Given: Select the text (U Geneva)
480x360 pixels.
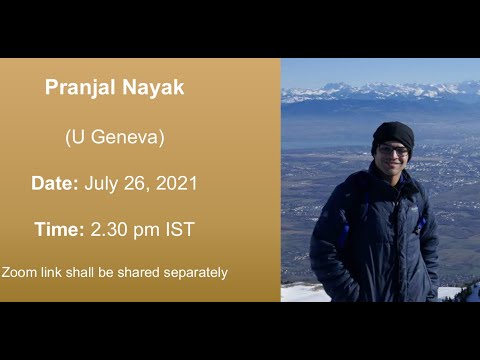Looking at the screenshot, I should pos(114,137).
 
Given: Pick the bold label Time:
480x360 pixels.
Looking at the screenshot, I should pos(59,229).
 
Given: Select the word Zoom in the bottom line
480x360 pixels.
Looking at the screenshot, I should pos(18,272).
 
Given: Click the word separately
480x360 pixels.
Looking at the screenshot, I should pos(195,272).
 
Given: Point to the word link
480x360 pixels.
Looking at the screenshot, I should pos(51,272).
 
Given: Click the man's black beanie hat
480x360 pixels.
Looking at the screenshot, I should pos(393,134).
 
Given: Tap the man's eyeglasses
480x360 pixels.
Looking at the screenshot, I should pos(393,150).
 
